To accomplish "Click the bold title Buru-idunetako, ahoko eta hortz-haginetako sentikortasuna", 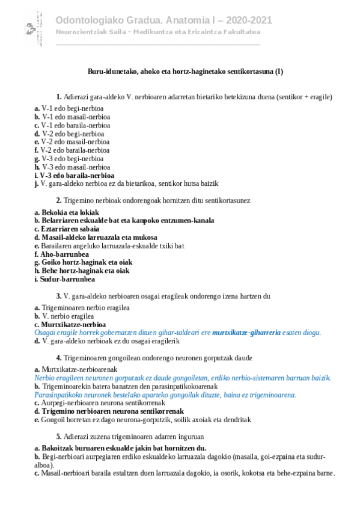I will (185, 72).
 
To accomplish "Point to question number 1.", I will (59, 97).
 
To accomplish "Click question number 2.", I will (59, 200).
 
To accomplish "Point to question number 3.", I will (59, 296).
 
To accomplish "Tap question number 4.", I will (59, 358).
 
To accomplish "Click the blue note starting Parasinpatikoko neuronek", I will (165, 395).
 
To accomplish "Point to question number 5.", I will (59, 437).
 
